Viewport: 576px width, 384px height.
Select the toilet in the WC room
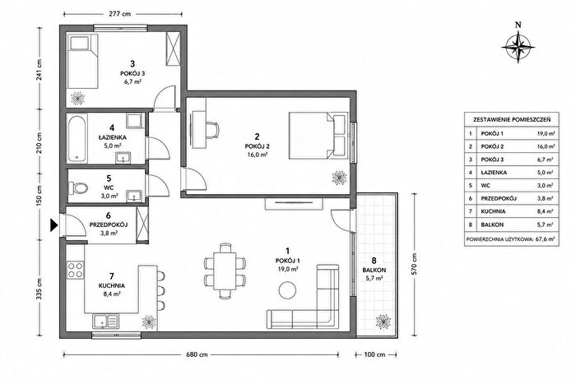click(x=78, y=188)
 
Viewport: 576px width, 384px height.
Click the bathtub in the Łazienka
click(x=77, y=138)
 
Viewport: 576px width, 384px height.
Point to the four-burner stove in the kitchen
click(x=76, y=270)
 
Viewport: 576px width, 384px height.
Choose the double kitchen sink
click(x=106, y=321)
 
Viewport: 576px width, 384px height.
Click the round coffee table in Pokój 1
click(x=287, y=290)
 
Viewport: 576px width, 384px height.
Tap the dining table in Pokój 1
click(x=225, y=271)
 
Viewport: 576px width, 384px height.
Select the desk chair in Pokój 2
click(x=212, y=130)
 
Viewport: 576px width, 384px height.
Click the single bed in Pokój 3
click(x=83, y=62)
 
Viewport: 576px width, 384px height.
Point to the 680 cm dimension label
click(x=197, y=354)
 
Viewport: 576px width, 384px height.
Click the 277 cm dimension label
click(x=120, y=14)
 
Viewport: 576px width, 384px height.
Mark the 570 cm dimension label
click(x=415, y=264)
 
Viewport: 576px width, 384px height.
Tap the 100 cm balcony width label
click(x=374, y=354)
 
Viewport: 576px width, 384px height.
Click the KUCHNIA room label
click(x=112, y=285)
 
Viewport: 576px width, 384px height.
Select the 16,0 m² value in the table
click(x=546, y=146)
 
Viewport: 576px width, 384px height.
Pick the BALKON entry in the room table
click(x=492, y=224)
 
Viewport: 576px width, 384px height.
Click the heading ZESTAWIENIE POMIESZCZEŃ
click(x=512, y=120)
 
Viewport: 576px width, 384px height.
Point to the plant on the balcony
click(x=383, y=322)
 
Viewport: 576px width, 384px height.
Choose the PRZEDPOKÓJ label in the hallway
click(x=109, y=224)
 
